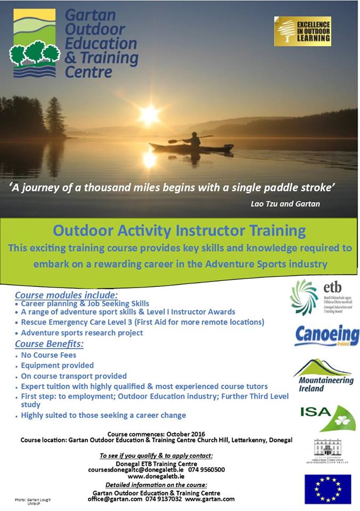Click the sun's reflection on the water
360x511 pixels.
(x=149, y=159)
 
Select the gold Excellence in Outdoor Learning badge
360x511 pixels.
(x=302, y=31)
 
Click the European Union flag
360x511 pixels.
(x=328, y=489)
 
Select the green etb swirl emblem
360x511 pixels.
(x=303, y=297)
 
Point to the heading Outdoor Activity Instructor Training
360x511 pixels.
(x=179, y=230)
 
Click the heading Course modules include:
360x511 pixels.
(x=66, y=295)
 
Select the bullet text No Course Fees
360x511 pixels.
(x=48, y=355)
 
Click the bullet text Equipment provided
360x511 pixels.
(x=58, y=365)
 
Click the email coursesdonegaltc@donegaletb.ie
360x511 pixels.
(x=135, y=470)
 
